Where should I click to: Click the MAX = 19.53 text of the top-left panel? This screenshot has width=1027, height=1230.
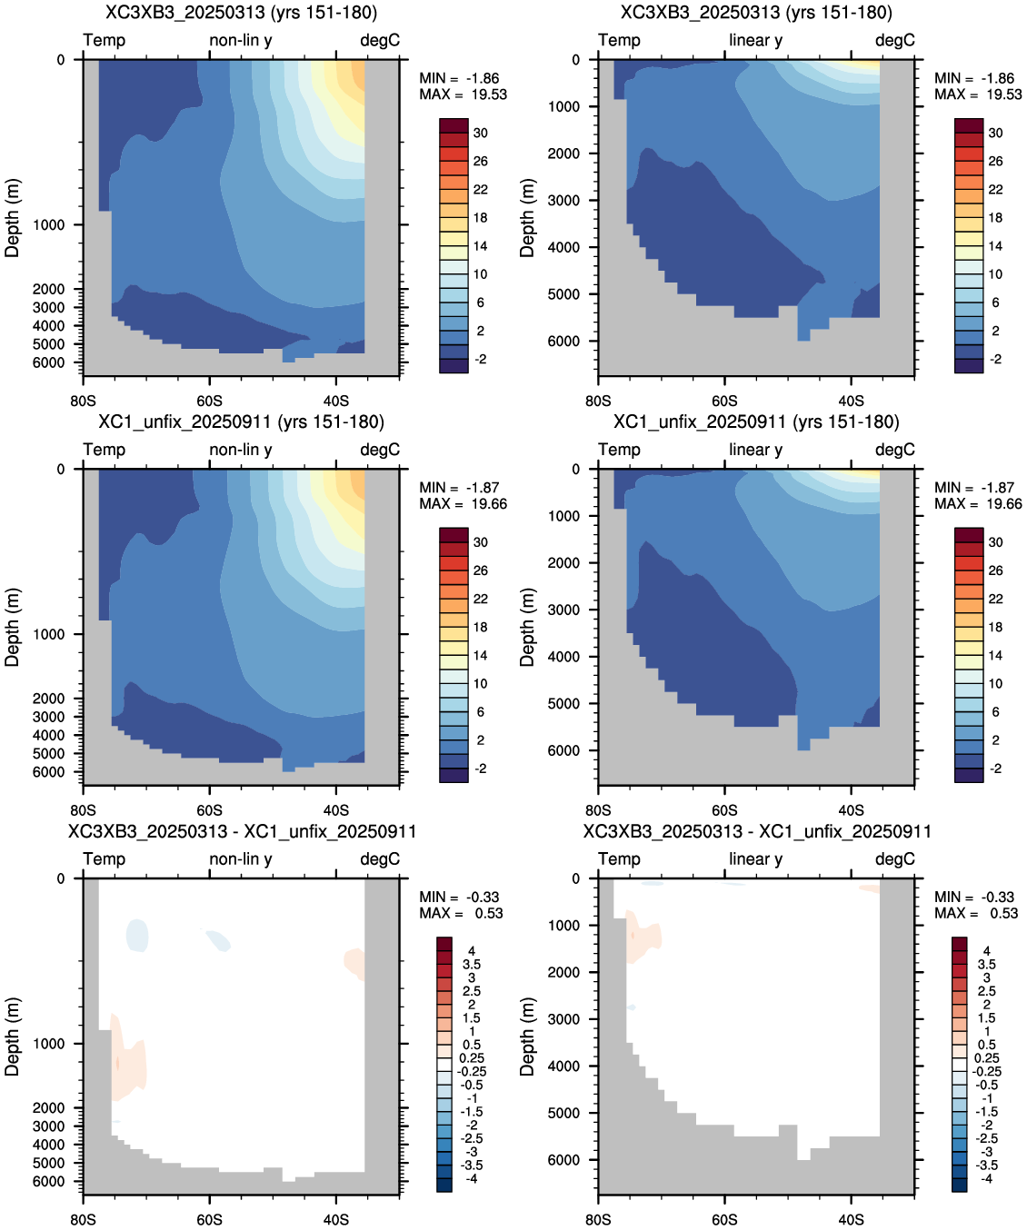463,94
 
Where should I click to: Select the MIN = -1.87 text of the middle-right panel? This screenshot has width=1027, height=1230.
974,488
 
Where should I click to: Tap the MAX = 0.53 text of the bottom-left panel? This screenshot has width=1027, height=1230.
461,913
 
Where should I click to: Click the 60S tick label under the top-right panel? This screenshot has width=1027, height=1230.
724,402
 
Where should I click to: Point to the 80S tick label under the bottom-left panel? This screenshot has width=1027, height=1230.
83,1220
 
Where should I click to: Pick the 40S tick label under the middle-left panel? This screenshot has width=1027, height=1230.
336,810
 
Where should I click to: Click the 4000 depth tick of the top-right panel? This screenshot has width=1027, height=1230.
563,247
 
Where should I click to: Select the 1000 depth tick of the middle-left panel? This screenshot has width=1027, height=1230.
48,634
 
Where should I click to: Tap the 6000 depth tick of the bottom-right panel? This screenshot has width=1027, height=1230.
563,1160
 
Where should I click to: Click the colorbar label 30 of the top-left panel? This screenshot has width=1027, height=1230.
481,134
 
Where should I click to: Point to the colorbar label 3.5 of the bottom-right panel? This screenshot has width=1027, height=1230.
987,965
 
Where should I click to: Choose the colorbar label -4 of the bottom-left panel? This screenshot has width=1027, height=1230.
472,1179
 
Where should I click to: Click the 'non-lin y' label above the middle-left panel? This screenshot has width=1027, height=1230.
241,450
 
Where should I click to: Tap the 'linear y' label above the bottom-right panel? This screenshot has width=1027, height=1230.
756,858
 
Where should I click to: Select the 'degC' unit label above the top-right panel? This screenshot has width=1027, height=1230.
895,40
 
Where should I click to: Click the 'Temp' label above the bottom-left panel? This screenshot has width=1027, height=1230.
105,858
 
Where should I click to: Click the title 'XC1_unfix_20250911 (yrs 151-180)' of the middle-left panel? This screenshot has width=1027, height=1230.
241,422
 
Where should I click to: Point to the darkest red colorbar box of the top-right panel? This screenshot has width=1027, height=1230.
969,125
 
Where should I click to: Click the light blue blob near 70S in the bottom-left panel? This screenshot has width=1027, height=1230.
137,936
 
